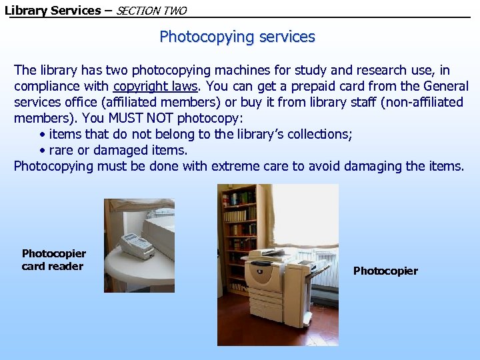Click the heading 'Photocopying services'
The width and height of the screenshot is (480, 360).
coord(237,37)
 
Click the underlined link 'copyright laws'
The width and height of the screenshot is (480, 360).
coord(155,86)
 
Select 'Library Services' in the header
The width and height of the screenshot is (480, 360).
coord(53,10)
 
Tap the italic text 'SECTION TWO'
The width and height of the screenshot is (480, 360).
coord(151,11)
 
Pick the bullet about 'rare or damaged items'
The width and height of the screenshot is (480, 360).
coord(113,150)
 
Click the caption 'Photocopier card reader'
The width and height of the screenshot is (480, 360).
coord(53,259)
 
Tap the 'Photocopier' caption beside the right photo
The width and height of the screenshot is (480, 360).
coord(385,271)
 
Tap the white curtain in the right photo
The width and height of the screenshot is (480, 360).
coord(303,213)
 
